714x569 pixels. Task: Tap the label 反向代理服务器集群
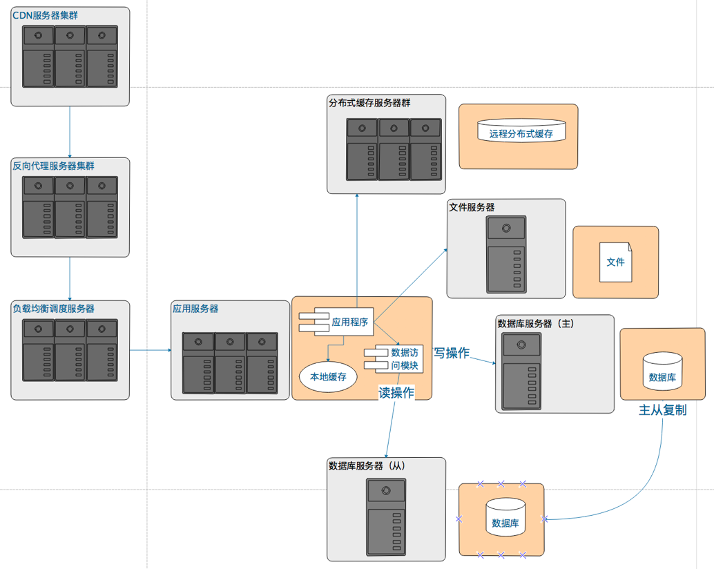pyautogui.click(x=53, y=166)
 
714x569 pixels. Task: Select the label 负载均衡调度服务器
pyautogui.click(x=53, y=309)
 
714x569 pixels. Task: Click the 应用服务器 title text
pyautogui.click(x=195, y=309)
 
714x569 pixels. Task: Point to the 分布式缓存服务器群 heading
pyautogui.click(x=369, y=103)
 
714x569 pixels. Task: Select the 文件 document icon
pyautogui.click(x=615, y=262)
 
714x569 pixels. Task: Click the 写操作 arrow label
pyautogui.click(x=451, y=353)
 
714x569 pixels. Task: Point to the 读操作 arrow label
pyautogui.click(x=396, y=393)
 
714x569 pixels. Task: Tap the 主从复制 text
pyautogui.click(x=663, y=410)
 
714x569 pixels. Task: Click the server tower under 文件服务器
pyautogui.click(x=506, y=254)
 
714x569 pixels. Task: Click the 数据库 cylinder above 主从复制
pyautogui.click(x=663, y=373)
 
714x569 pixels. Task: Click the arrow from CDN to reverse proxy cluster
pyautogui.click(x=70, y=131)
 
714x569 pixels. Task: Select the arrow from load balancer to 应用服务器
pyautogui.click(x=151, y=350)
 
